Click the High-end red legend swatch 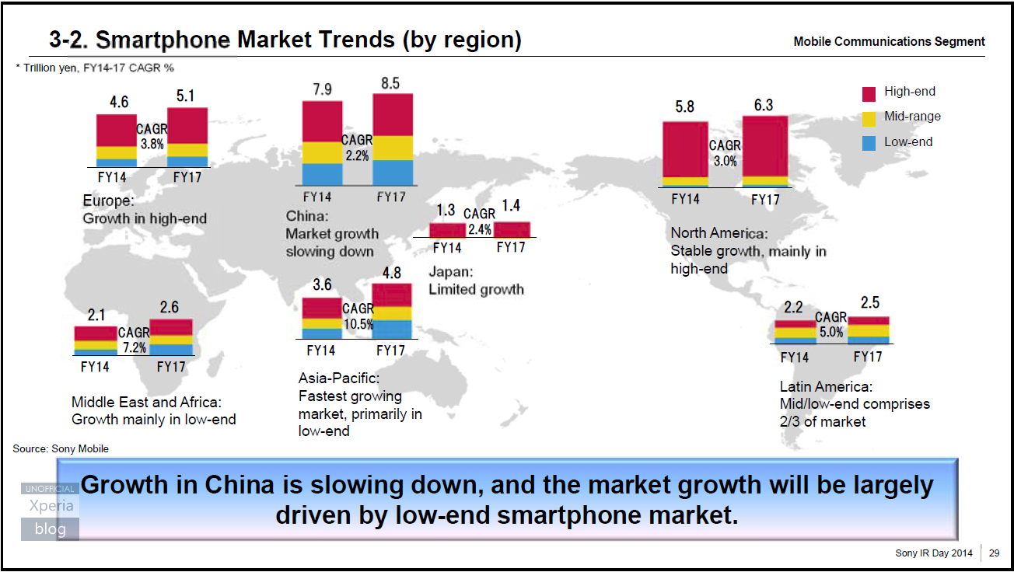(869, 93)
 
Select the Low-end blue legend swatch (869, 143)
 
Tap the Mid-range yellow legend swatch (869, 118)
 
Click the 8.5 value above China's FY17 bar (390, 82)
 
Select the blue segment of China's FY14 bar (321, 174)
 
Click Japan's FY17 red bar (512, 229)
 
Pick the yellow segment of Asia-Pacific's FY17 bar (392, 313)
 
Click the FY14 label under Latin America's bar (794, 357)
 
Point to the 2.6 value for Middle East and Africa (170, 308)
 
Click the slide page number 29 (995, 553)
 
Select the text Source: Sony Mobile (61, 448)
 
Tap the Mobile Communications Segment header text (889, 42)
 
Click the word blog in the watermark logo (50, 529)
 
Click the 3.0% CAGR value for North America (725, 162)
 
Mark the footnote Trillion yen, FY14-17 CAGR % (95, 68)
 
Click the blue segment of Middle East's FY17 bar (170, 350)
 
